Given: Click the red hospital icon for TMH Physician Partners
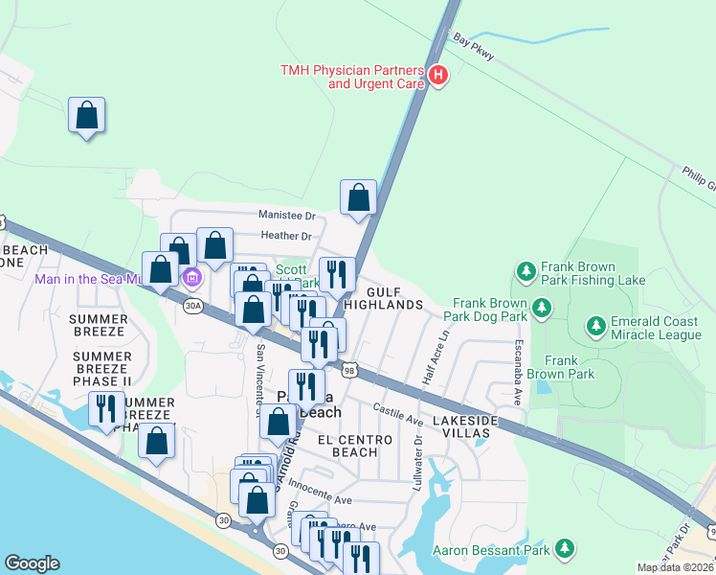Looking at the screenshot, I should coord(438,75).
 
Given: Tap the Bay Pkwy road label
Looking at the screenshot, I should coord(474,49).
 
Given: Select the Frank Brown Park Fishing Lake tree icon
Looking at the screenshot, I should coord(525,272).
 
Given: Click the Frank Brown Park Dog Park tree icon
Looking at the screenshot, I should coord(543,308).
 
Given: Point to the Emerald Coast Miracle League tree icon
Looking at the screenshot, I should coord(596,327).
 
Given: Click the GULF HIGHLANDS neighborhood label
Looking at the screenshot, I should coord(383,297).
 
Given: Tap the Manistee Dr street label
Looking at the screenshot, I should coord(286,216).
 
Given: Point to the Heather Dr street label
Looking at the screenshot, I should coord(287,236).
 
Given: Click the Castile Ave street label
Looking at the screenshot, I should coord(398,414).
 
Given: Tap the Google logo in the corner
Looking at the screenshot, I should coord(32,563).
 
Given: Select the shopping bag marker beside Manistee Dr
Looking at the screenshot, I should coord(358,198).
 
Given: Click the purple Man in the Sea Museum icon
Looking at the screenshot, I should coord(191,279).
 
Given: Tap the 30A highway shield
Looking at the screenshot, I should coord(193,306).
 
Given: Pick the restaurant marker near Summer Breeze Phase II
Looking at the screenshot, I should coord(105,409).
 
